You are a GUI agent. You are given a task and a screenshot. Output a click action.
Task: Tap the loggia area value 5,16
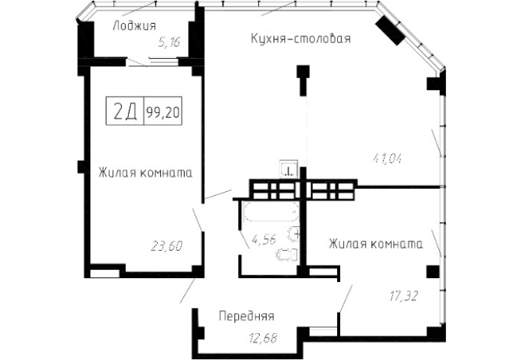[170, 43]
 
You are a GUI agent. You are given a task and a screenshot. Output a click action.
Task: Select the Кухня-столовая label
[301, 39]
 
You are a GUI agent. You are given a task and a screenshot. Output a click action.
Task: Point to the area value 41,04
[389, 157]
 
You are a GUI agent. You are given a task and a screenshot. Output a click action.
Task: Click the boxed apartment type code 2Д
[125, 112]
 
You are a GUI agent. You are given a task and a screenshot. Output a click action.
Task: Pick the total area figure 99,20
[164, 112]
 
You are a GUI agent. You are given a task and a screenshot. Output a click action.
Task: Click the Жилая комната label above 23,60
[146, 173]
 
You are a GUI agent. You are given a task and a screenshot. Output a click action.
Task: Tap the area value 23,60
[168, 244]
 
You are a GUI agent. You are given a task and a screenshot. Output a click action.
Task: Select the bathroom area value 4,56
[263, 240]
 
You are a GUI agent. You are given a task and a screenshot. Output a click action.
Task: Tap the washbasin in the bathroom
[294, 235]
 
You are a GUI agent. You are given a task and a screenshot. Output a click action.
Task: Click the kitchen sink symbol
[289, 170]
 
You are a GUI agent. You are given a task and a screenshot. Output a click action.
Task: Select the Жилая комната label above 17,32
[376, 243]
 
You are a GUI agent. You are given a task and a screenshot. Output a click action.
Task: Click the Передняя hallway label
[246, 316]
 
